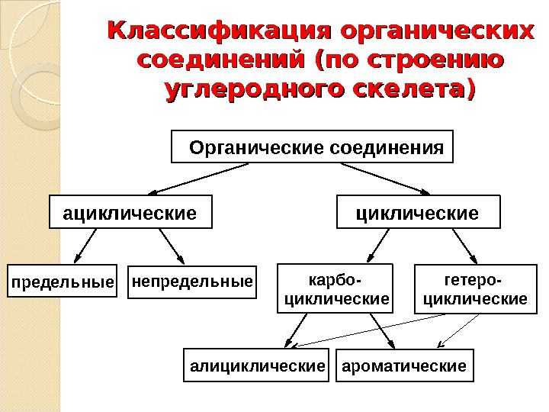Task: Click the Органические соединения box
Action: (313, 147)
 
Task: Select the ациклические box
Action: (129, 212)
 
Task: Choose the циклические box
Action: (419, 212)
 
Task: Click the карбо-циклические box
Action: (336, 289)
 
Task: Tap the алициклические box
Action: (258, 366)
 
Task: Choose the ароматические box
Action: (404, 366)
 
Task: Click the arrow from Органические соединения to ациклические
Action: (200, 179)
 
